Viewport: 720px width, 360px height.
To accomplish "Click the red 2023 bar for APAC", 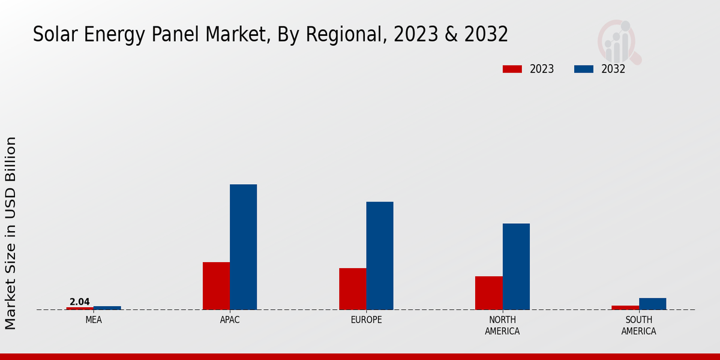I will (216, 286).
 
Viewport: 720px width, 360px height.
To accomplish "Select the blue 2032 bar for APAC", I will (243, 247).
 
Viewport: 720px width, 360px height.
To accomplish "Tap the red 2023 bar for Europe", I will (352, 289).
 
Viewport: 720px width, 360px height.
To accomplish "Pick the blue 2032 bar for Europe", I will (380, 256).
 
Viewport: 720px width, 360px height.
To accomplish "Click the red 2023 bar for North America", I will (488, 293).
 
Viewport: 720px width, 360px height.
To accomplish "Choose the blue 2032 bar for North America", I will (516, 266).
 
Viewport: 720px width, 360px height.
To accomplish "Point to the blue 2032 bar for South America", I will (652, 304).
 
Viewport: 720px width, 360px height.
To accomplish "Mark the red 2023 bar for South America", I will (625, 307).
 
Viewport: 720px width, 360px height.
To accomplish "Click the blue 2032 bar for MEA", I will (107, 308).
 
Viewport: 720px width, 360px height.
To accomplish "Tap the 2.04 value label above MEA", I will (80, 302).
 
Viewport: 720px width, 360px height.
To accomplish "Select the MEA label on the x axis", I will (94, 320).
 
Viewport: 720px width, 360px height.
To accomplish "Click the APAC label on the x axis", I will (230, 320).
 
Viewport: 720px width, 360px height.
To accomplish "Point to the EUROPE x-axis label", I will (366, 320).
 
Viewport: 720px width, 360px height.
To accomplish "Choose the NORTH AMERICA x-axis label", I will (502, 325).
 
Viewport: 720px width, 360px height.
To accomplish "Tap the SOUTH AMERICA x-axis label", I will (638, 325).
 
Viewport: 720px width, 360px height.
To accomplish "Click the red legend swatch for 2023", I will (512, 69).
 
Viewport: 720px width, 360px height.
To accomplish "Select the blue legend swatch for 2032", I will (584, 69).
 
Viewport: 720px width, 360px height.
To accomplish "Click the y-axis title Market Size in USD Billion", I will (11, 233).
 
